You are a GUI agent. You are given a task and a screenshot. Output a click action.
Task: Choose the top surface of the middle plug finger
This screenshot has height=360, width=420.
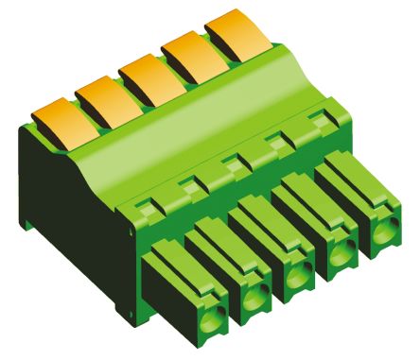coord(259,213)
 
